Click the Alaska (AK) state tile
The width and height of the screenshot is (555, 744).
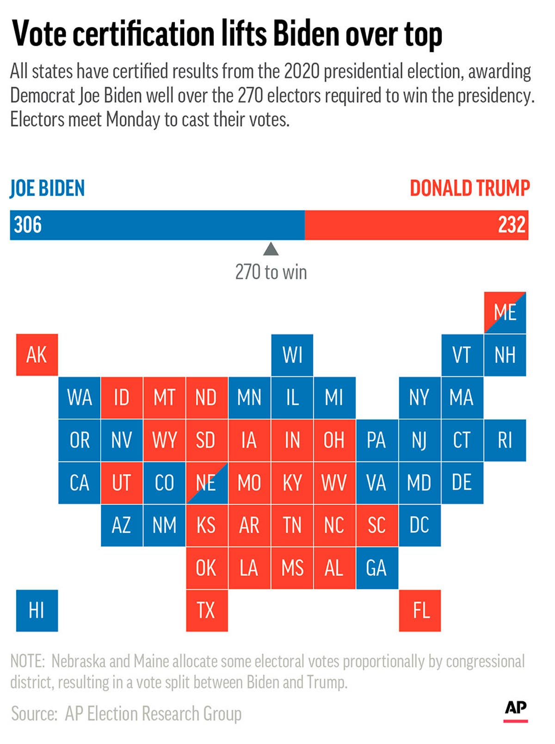[x=37, y=355]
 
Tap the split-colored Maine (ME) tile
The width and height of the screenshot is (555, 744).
[x=505, y=313]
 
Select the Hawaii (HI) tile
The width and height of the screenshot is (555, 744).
[x=37, y=610]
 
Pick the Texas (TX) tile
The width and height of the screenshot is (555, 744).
[x=207, y=610]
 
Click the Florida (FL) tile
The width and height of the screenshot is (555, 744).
[x=420, y=610]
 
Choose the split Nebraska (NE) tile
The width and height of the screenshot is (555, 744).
[x=207, y=483]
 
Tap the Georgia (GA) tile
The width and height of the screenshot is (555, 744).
[x=377, y=568]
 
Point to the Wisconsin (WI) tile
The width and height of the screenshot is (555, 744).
[x=292, y=355]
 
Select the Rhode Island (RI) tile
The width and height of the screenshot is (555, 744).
[x=505, y=440]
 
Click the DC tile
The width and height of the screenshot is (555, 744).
[x=420, y=525]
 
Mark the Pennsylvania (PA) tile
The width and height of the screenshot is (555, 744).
[x=377, y=440]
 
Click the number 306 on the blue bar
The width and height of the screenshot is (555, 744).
[x=28, y=225]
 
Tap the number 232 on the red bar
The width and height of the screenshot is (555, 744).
[x=512, y=225]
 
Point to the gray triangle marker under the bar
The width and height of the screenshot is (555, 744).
[x=271, y=250]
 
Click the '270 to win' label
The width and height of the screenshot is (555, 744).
[x=271, y=272]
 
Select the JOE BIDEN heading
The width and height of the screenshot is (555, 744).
[x=47, y=188]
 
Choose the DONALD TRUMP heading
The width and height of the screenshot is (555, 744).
[x=469, y=188]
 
